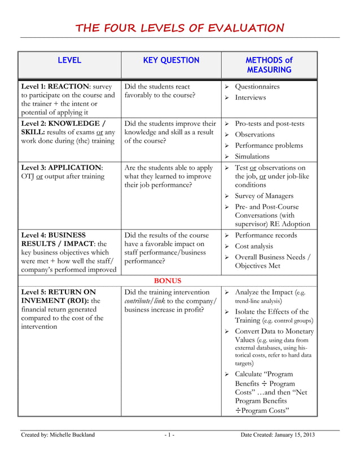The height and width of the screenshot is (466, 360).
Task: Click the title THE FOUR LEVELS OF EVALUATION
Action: coord(180,28)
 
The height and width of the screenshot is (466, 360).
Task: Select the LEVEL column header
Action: coord(69,60)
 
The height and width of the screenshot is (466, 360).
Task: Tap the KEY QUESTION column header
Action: coord(170,60)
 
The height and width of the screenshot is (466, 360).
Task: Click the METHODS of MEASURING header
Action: coord(269,65)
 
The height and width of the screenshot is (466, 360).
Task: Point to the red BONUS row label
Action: coord(167,280)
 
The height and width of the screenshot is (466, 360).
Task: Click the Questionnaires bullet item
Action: coord(257,87)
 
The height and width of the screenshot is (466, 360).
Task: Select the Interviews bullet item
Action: coord(251,98)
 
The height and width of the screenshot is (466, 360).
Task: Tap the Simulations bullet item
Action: coord(252,156)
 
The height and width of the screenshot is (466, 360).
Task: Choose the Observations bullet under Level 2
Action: coord(254,134)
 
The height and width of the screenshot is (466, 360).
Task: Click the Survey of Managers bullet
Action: coord(264,196)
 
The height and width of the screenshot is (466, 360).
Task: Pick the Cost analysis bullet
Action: coord(253,246)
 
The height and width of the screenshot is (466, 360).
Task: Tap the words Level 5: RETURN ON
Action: coord(58,292)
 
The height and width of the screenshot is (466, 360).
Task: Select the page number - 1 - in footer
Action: coord(169,434)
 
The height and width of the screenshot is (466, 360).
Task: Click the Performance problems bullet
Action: coord(269,146)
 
